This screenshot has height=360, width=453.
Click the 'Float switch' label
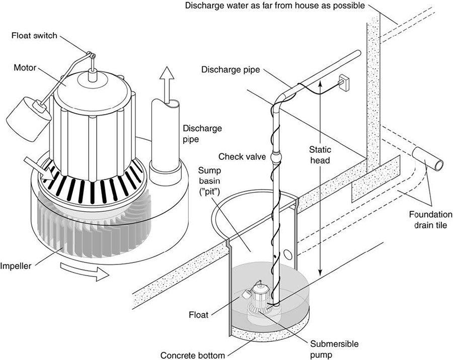coord(34,36)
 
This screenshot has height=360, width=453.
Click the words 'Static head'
coord(320,155)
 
